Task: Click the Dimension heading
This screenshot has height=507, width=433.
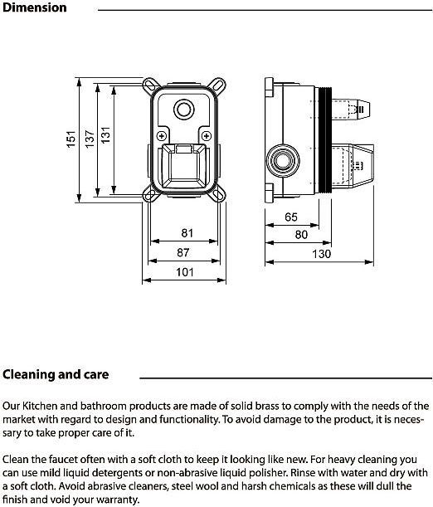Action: click(34, 7)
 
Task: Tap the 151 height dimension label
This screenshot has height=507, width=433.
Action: click(71, 139)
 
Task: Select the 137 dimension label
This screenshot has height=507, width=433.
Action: click(90, 139)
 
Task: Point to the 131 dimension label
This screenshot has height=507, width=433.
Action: click(105, 135)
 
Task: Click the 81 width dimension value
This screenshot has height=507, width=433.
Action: click(187, 233)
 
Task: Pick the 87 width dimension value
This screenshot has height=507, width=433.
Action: click(182, 252)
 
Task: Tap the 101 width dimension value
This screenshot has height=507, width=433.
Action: click(185, 272)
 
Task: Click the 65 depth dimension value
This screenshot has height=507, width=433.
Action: click(291, 217)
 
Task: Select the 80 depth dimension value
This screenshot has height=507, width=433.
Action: click(301, 235)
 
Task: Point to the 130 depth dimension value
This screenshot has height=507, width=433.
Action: click(322, 254)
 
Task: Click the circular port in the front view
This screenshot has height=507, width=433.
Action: click(183, 110)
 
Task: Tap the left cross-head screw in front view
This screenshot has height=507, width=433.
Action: click(162, 136)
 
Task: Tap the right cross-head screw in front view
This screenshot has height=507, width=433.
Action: click(206, 136)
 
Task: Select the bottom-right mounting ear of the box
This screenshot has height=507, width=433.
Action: click(218, 194)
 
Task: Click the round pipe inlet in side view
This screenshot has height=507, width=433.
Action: click(283, 161)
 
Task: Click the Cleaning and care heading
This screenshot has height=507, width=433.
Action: click(56, 374)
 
